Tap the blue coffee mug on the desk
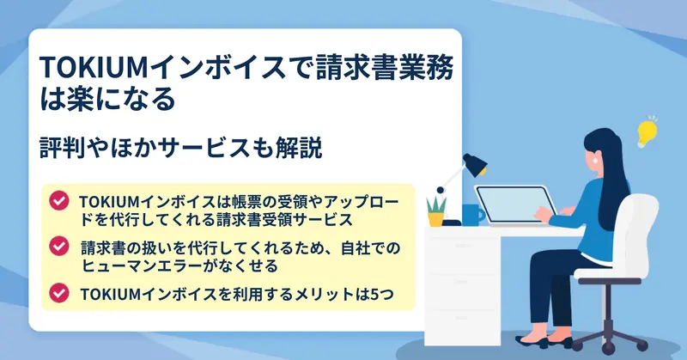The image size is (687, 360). [473, 215]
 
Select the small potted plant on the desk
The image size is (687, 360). [436, 211]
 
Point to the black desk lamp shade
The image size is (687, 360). [476, 164]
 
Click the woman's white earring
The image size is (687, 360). [597, 160]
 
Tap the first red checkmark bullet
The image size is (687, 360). [58, 200]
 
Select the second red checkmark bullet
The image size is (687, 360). [58, 246]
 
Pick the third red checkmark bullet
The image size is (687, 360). [58, 292]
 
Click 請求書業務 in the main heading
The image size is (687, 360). [384, 68]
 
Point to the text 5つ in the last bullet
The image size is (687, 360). [382, 294]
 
